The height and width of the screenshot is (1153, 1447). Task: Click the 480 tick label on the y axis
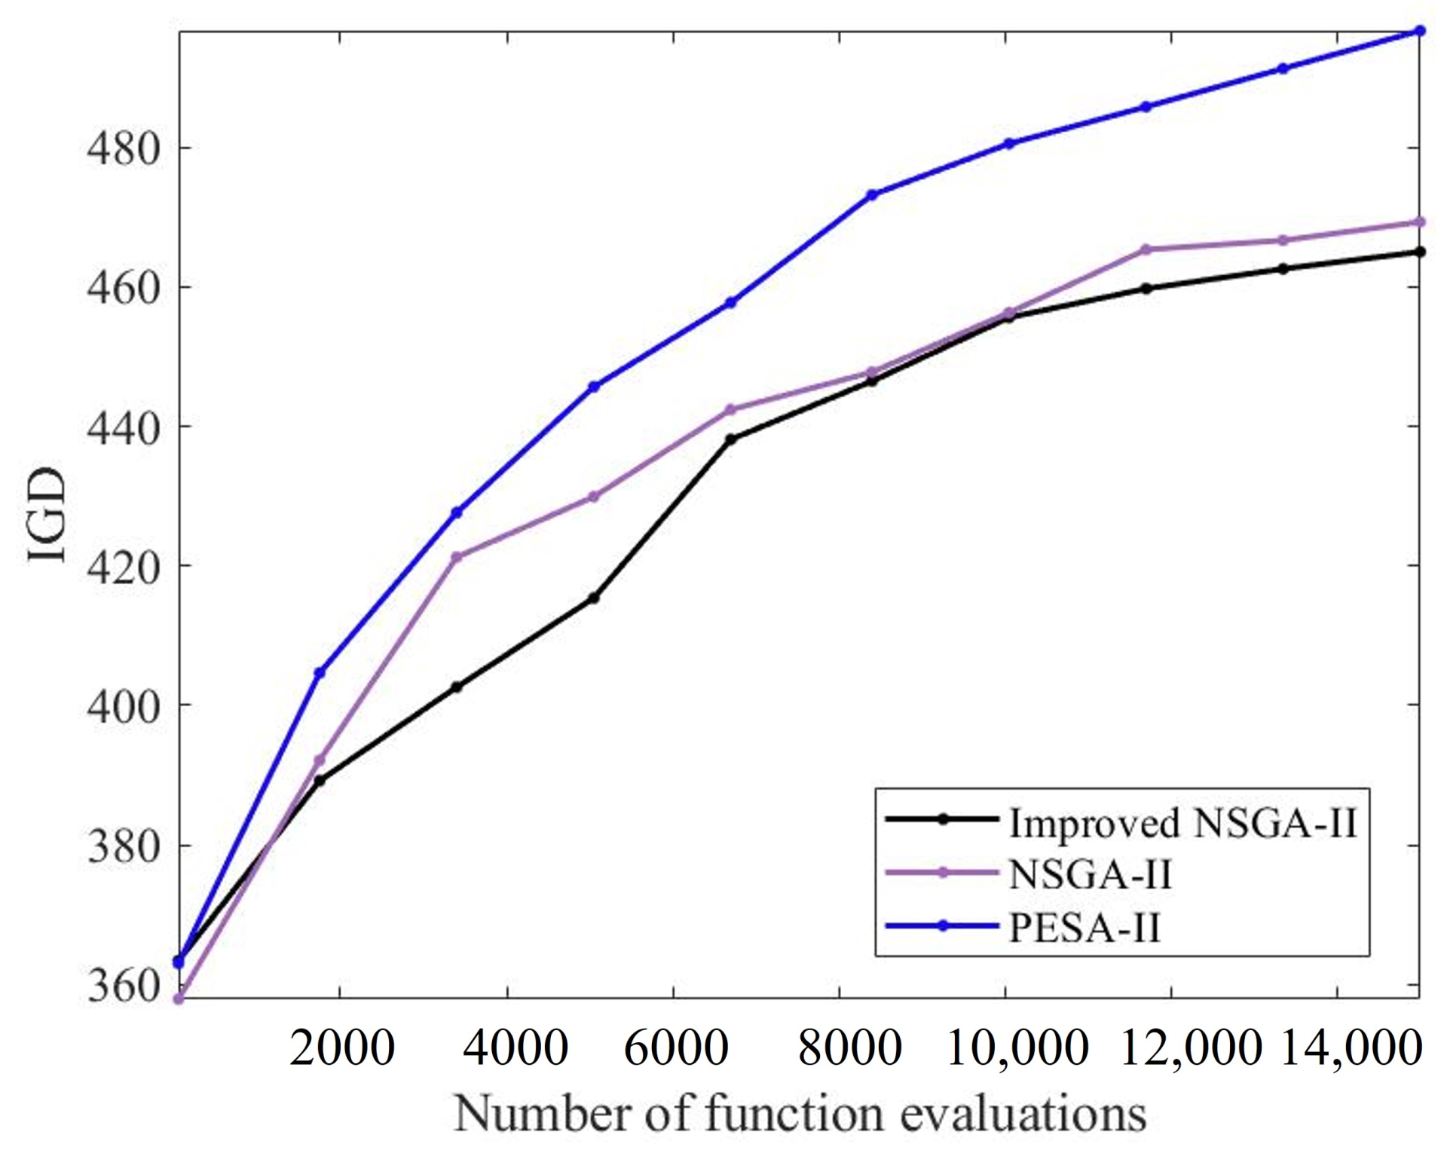pyautogui.click(x=125, y=148)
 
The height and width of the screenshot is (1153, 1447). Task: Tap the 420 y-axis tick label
pyautogui.click(x=125, y=566)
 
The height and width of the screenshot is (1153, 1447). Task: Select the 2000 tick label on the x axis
pyautogui.click(x=341, y=1048)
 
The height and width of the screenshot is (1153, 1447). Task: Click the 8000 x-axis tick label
pyautogui.click(x=849, y=1048)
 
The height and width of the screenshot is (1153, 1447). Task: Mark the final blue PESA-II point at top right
pyautogui.click(x=1420, y=31)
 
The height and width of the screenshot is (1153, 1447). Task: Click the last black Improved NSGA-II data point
pyautogui.click(x=1420, y=252)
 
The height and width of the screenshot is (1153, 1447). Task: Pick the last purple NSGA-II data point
pyautogui.click(x=1420, y=222)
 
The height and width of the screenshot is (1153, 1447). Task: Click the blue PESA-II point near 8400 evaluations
pyautogui.click(x=873, y=194)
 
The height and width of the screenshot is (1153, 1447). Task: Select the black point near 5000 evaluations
pyautogui.click(x=593, y=598)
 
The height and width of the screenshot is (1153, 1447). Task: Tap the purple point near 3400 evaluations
pyautogui.click(x=456, y=557)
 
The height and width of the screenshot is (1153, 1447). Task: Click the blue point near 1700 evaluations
pyautogui.click(x=320, y=672)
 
